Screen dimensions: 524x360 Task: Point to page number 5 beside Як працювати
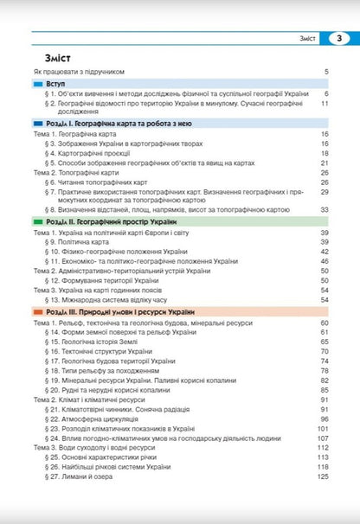pyautogui.click(x=326, y=73)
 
